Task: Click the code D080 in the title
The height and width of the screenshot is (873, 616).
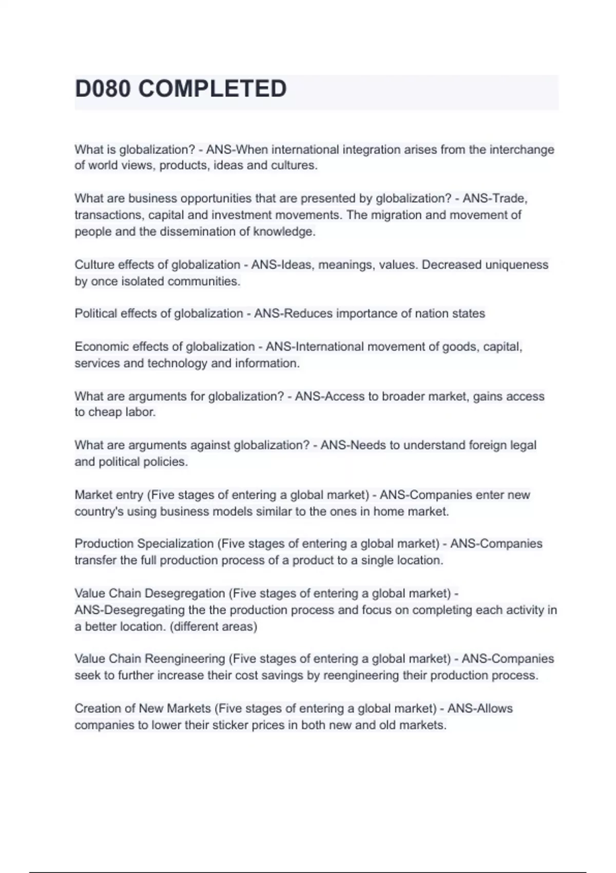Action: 103,89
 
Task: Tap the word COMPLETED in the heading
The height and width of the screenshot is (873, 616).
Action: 213,89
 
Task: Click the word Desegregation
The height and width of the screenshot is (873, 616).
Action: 185,594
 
